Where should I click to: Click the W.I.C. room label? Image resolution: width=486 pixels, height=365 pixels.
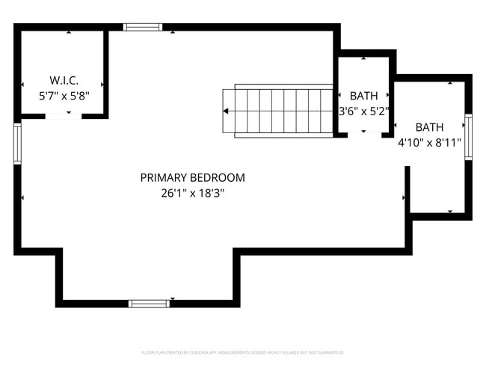pos(64,80)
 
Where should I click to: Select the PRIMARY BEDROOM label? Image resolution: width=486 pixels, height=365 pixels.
pos(192,178)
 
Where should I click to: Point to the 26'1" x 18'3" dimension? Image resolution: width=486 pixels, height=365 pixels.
pos(192,193)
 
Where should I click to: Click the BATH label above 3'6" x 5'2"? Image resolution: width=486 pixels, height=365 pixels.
pos(363,96)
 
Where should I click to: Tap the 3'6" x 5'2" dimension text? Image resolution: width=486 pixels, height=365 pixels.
pos(363,111)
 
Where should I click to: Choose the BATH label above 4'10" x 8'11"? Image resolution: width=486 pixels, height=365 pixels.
pos(429,127)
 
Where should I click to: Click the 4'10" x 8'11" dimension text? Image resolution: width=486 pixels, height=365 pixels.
pos(429,142)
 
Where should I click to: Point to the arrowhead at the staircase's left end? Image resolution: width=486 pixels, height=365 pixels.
pos(226,111)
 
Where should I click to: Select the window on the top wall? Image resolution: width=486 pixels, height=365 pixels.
pos(143,27)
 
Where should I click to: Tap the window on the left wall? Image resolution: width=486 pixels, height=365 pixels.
pos(17,144)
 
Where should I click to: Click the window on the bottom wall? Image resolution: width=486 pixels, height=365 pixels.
pos(149,304)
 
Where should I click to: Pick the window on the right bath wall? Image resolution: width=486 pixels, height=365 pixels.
pos(469,137)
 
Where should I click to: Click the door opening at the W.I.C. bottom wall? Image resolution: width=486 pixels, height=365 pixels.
pos(64,116)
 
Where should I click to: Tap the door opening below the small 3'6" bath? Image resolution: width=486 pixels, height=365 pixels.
pos(363,135)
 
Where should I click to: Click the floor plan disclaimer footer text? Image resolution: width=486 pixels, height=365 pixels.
pos(243,352)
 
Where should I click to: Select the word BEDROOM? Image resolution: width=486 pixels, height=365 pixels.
pos(218,178)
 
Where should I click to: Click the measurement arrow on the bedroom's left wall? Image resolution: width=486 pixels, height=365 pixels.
pos(23,197)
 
